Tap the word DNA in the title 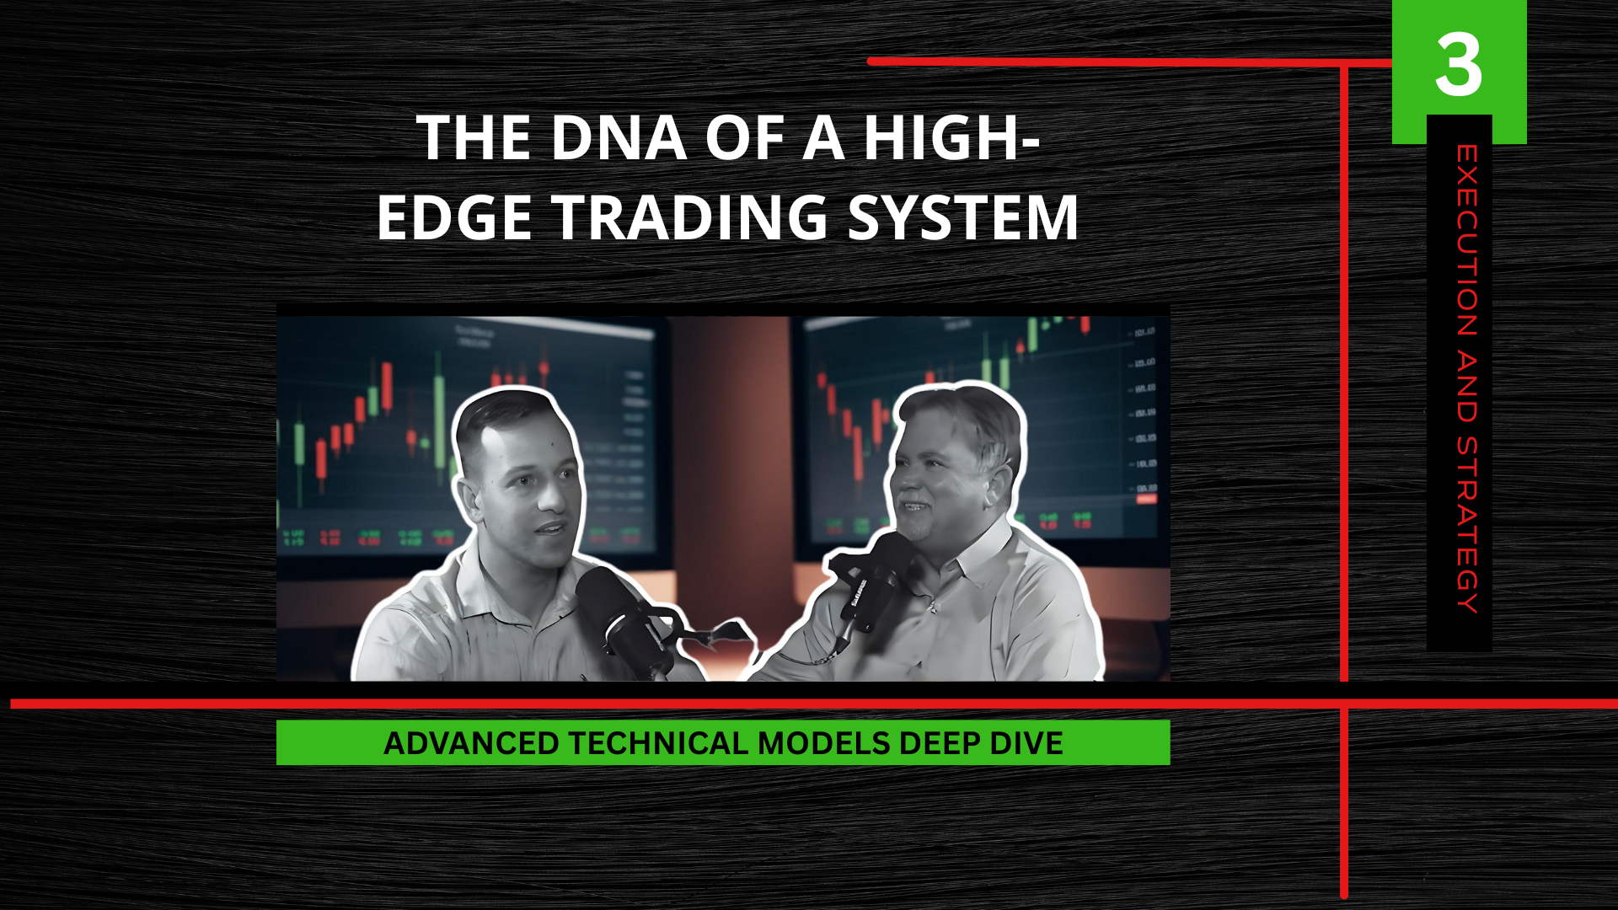pos(619,137)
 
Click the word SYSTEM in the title pos(963,217)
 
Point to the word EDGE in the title pos(454,217)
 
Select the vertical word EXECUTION pos(1467,241)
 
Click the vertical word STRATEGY pos(1467,524)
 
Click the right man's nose pos(900,484)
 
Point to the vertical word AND pos(1467,387)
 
